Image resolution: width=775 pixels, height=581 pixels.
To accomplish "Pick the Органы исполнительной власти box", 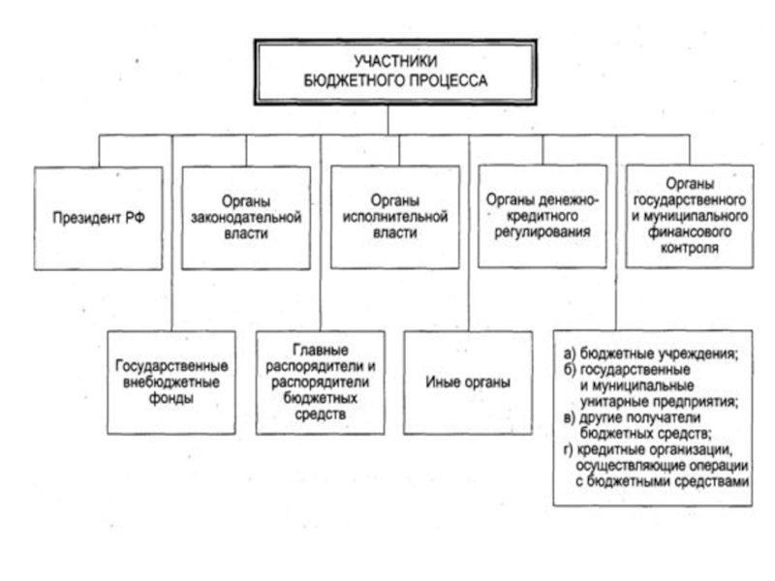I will click(x=394, y=216).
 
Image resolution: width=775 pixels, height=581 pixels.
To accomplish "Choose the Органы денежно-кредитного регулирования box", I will click(x=542, y=216).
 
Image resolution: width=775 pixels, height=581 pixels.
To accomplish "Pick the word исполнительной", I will click(x=394, y=218).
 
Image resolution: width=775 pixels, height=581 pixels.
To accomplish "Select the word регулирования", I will click(x=542, y=233).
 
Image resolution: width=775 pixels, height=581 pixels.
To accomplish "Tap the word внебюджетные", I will click(x=171, y=382).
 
